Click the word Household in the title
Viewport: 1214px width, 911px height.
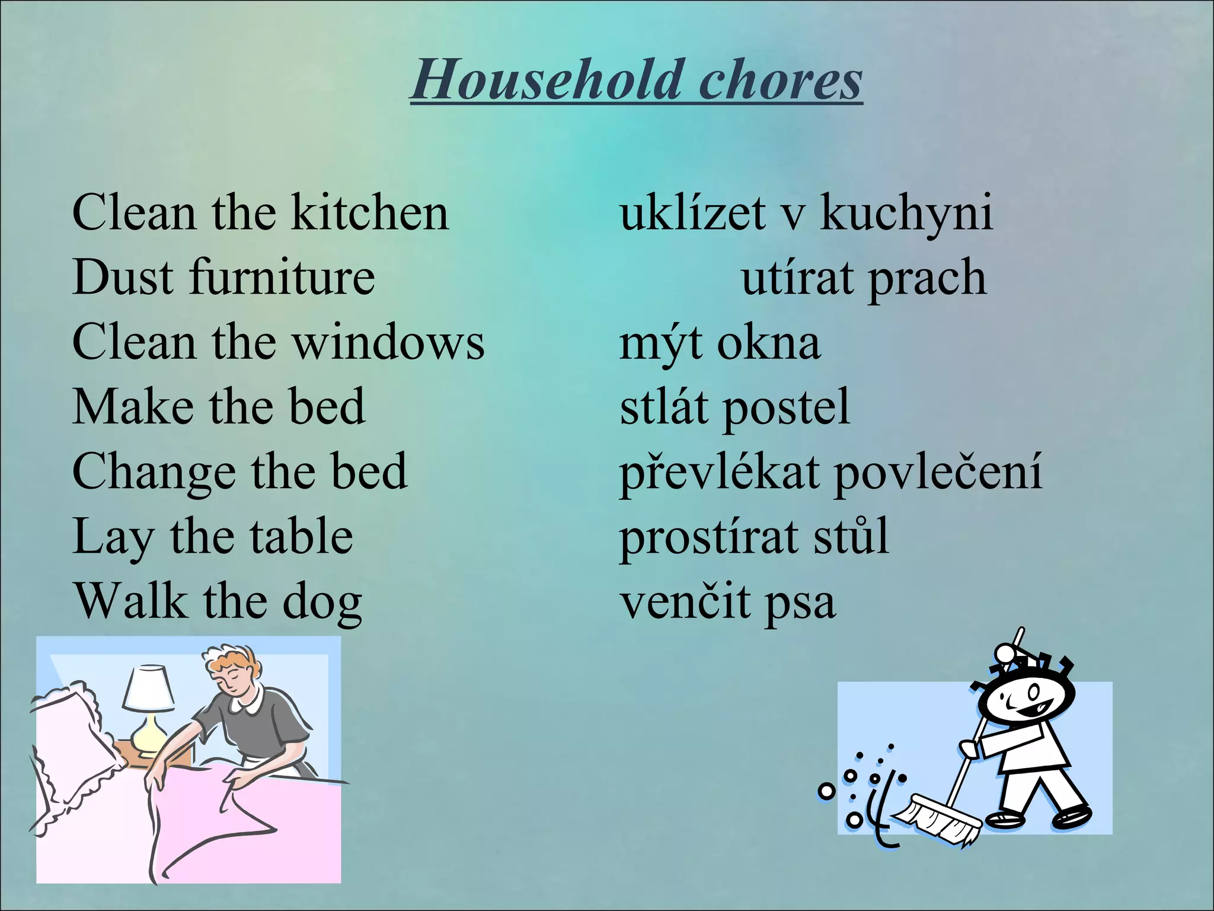tap(545, 80)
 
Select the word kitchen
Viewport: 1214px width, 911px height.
tap(370, 212)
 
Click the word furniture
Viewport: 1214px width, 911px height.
tap(282, 278)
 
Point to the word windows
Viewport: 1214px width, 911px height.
tap(389, 342)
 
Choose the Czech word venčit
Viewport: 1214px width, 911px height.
tap(685, 601)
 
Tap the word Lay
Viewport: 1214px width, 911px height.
tap(112, 537)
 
